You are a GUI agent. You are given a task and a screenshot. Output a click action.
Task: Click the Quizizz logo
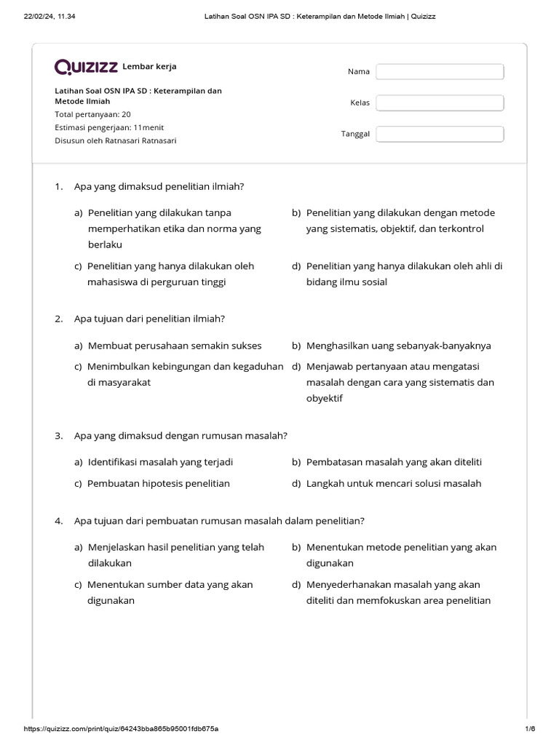[x=86, y=67]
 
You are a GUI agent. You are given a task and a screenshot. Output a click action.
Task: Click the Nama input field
[x=440, y=71]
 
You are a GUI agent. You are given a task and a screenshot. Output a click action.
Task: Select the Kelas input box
[x=440, y=103]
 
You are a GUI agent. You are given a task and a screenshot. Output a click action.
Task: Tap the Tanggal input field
[x=440, y=134]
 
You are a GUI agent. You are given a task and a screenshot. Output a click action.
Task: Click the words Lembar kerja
[x=150, y=67]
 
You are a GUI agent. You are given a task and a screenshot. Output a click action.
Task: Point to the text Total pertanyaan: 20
[x=92, y=114]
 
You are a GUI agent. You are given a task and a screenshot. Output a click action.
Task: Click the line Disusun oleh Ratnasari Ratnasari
[x=115, y=140]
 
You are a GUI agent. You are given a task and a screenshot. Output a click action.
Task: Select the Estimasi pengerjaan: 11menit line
[x=109, y=127]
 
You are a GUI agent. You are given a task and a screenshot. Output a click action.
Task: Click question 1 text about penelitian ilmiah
[x=159, y=187]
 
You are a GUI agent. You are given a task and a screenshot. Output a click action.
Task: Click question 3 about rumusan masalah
[x=181, y=436]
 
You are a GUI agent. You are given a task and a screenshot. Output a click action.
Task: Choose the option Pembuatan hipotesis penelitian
[x=158, y=483]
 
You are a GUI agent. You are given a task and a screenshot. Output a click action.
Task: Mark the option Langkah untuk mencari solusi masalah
[x=393, y=483]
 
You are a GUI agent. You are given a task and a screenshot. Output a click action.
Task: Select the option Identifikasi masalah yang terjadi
[x=160, y=462]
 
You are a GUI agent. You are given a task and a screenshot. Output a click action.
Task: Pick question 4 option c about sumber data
[x=170, y=592]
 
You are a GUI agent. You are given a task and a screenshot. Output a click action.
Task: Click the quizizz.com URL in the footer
[x=122, y=728]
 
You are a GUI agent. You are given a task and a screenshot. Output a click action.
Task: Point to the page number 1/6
[x=529, y=728]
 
